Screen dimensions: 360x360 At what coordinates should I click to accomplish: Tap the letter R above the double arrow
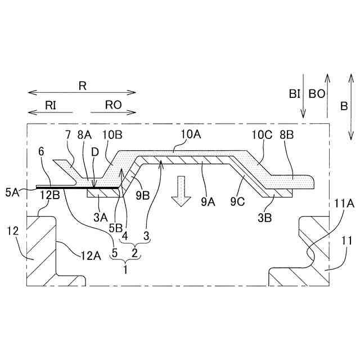(82, 86)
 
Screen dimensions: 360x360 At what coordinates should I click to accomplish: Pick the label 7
(68, 134)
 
